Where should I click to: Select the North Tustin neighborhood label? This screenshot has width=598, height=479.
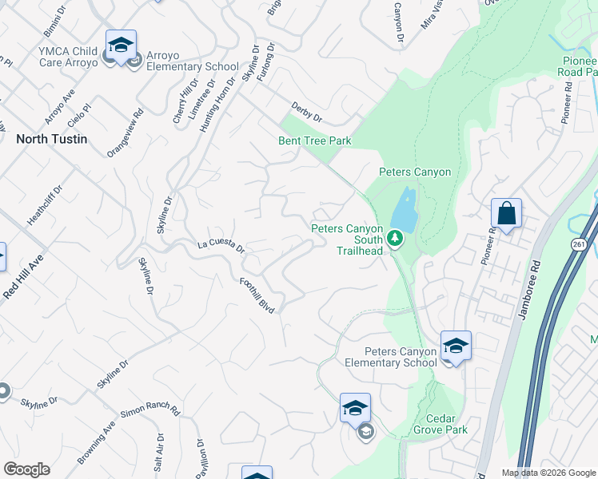pyautogui.click(x=52, y=138)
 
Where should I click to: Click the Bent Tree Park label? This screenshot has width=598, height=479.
pyautogui.click(x=315, y=141)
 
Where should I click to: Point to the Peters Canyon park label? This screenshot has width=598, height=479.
pyautogui.click(x=414, y=172)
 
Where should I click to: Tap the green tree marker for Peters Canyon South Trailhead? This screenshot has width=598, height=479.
pyautogui.click(x=394, y=238)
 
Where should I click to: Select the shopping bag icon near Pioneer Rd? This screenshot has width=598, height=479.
pyautogui.click(x=506, y=213)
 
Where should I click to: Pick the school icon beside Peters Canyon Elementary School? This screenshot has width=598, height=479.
pyautogui.click(x=456, y=346)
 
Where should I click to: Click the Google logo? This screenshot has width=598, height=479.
pyautogui.click(x=26, y=469)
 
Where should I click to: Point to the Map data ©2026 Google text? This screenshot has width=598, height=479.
pyautogui.click(x=548, y=473)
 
